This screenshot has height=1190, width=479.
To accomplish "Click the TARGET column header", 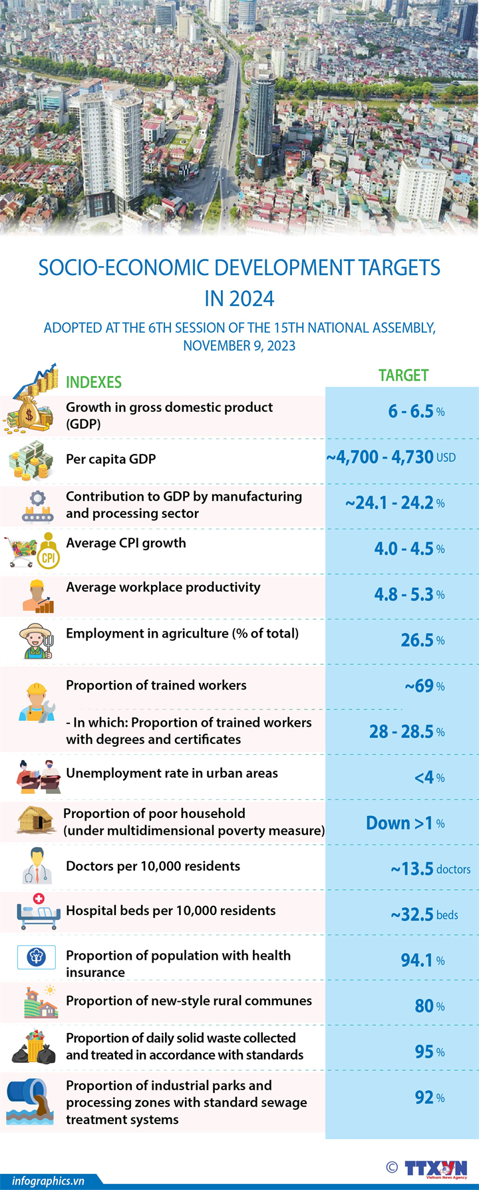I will coord(403,375).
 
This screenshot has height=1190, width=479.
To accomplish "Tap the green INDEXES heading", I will coord(94,382).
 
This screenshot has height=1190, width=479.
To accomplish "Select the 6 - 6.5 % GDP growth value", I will coord(416,411).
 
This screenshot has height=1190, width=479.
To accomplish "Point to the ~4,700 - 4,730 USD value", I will coord(391,457).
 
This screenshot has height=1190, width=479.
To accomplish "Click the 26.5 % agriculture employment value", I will coord(422,640).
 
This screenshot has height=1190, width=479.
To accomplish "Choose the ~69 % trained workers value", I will coord(424,686).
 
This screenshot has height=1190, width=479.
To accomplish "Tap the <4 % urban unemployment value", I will coord(429,777).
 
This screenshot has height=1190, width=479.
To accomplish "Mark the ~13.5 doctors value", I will coord(430,869).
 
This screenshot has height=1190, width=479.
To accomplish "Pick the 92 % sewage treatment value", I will coord(429,1097).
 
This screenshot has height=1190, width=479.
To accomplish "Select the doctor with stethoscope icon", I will coord(37,866).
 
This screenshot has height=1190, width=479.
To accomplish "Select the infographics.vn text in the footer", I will coord(48,1181).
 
